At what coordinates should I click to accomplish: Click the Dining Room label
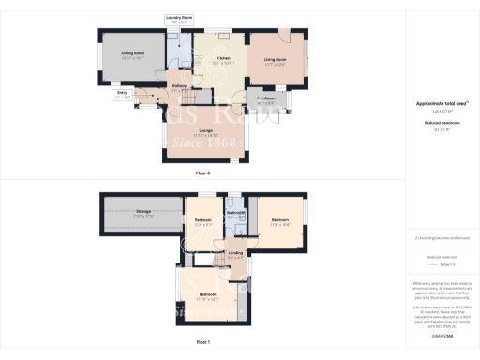pos(131,56)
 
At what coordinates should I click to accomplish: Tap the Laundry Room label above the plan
pos(178,19)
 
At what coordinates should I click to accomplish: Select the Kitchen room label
pos(224,62)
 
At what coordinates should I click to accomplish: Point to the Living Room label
pos(275,61)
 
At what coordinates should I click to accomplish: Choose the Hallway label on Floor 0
pos(178,89)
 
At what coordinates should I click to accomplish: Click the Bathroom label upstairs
pos(236,217)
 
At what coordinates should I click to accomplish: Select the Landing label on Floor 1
pos(235,254)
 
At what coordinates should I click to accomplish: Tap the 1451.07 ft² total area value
pos(442,111)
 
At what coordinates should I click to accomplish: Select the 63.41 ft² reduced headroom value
pos(442,129)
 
